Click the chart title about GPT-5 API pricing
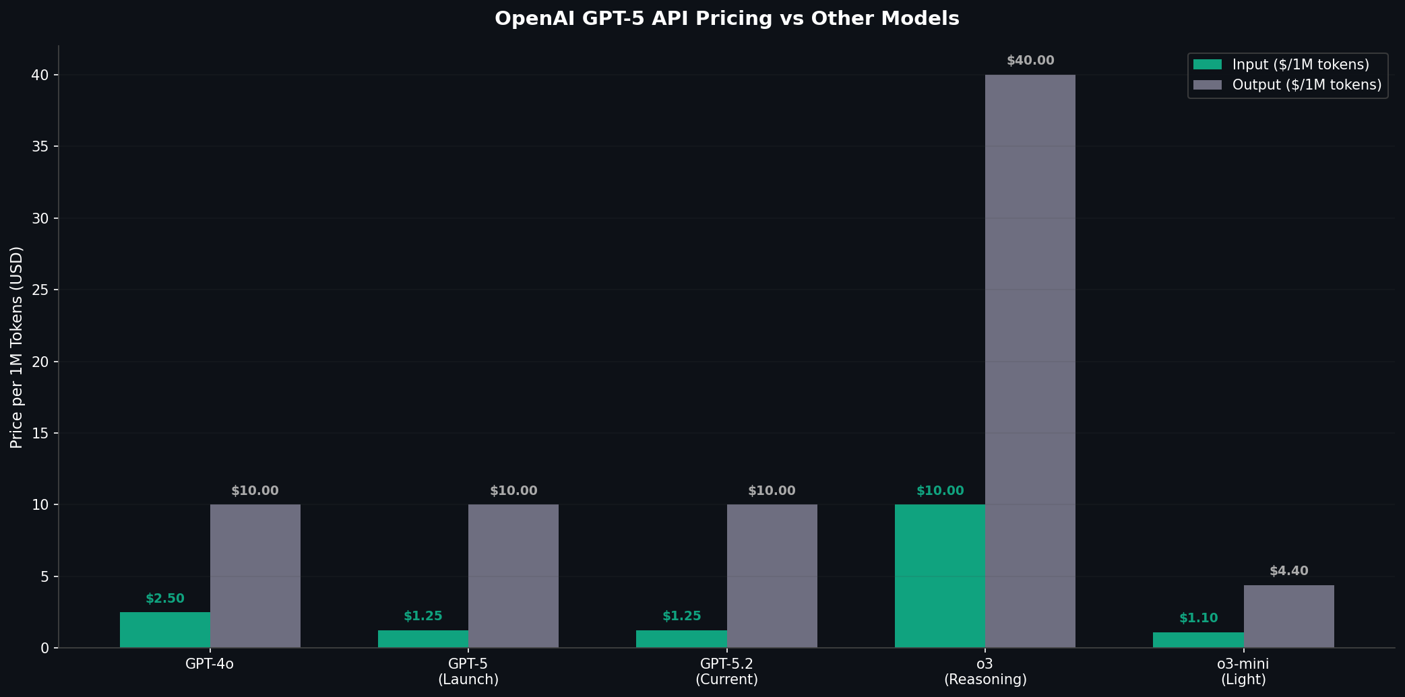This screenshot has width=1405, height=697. coord(726,19)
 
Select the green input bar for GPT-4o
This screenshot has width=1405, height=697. coord(164,630)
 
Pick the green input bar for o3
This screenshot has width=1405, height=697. coord(939,576)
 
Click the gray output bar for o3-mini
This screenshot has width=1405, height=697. coord(1288,616)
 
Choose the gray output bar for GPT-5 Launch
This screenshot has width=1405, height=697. coord(513,576)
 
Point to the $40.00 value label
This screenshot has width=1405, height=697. coord(1030,61)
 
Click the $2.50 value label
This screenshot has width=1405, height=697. coord(164,599)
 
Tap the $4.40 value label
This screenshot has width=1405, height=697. coord(1288,571)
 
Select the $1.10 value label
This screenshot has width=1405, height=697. coord(1198,618)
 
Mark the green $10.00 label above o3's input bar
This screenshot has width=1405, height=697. coord(939,491)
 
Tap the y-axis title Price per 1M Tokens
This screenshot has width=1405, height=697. coord(17,347)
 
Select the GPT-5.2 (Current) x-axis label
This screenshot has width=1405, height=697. coord(726,671)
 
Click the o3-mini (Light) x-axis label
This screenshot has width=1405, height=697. coord(1243,671)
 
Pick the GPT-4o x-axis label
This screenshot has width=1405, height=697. coord(210,664)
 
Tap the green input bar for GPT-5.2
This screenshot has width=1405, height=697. coord(681,639)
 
